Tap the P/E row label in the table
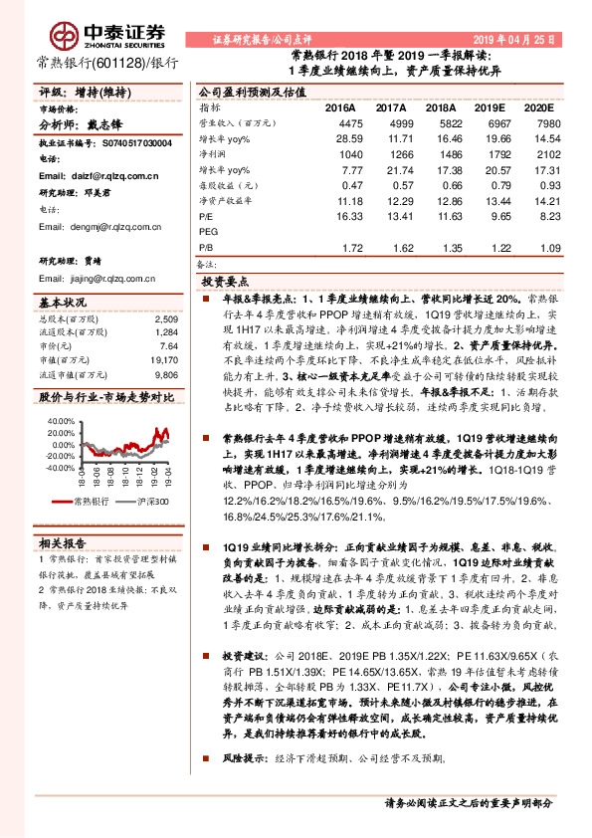(x=206, y=215)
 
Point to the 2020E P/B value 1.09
(x=533, y=246)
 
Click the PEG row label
(x=208, y=230)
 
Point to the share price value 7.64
(x=168, y=345)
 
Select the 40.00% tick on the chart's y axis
(x=57, y=420)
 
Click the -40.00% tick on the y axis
(x=56, y=467)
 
